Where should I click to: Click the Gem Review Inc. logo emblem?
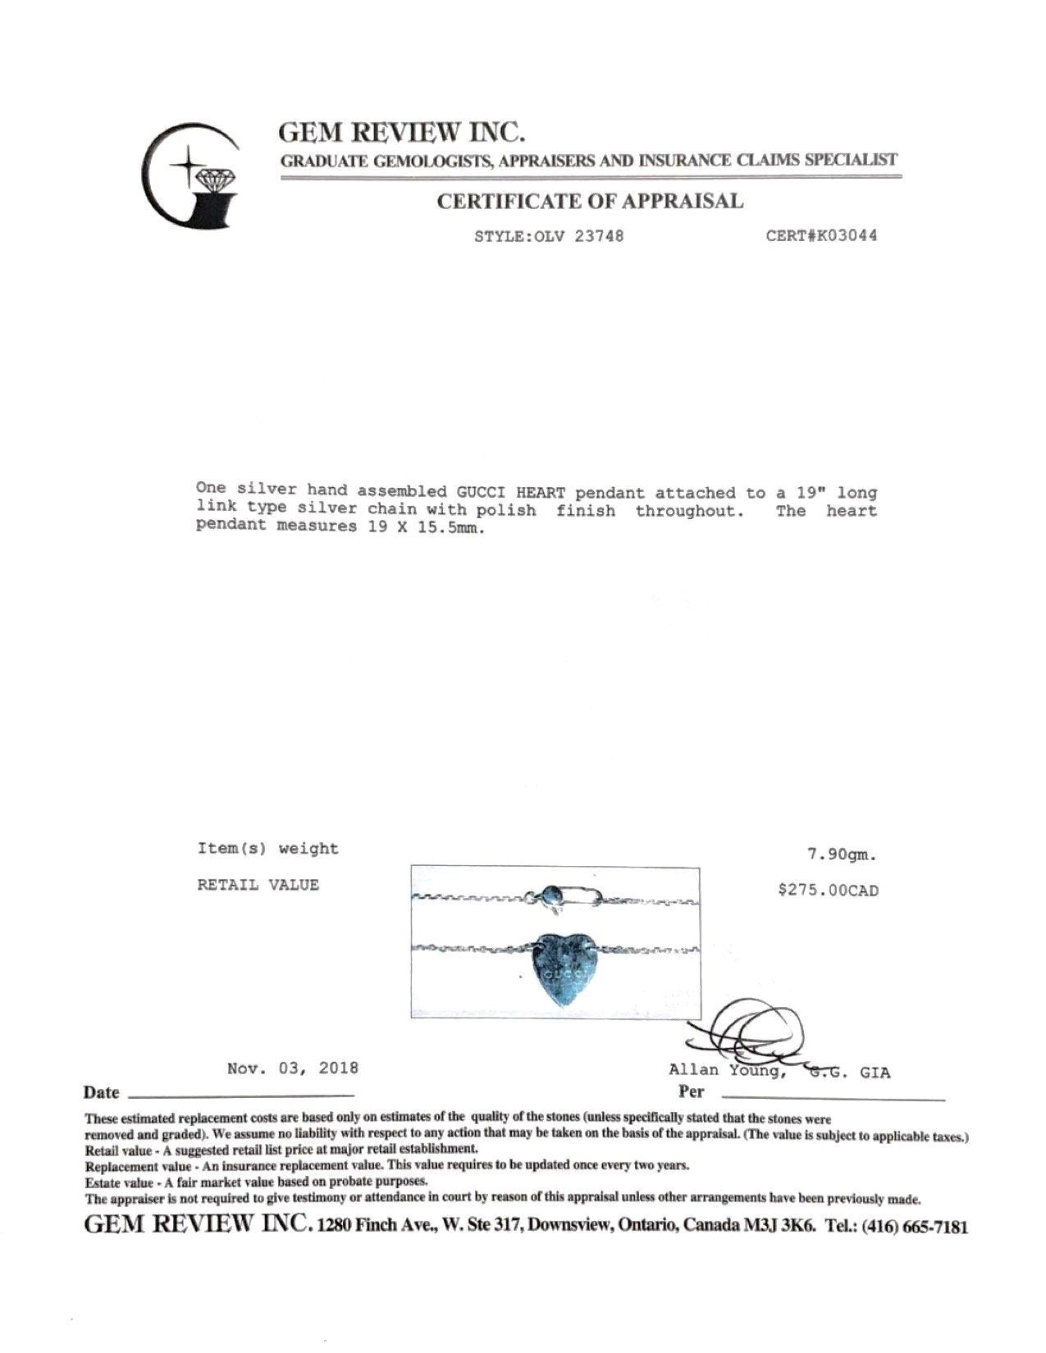tap(190, 175)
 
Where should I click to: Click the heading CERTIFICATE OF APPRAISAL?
tap(589, 201)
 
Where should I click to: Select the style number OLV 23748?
tap(578, 236)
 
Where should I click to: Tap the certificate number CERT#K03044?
tap(821, 236)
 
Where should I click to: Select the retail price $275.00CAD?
tap(828, 891)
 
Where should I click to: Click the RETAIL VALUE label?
tap(258, 885)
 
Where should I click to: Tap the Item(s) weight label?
tap(267, 849)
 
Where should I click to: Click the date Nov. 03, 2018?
tap(293, 1068)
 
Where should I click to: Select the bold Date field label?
tap(101, 1092)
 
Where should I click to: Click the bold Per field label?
tap(691, 1091)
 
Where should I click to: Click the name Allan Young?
tap(729, 1070)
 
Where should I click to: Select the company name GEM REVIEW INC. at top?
tap(402, 132)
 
